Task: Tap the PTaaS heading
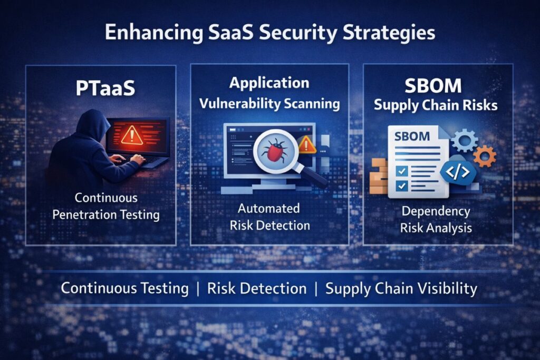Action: pyautogui.click(x=105, y=88)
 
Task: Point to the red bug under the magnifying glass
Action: pyautogui.click(x=274, y=150)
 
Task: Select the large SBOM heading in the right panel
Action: pyautogui.click(x=433, y=86)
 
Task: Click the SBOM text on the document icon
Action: pyautogui.click(x=412, y=137)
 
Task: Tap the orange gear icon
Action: pyautogui.click(x=485, y=156)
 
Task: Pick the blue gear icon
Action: pyautogui.click(x=465, y=140)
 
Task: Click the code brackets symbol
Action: pyautogui.click(x=458, y=172)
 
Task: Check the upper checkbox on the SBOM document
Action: pyautogui.click(x=401, y=170)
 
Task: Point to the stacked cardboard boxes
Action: pyautogui.click(x=379, y=176)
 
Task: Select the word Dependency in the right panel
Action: pyautogui.click(x=436, y=211)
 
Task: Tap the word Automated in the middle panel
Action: pyautogui.click(x=268, y=208)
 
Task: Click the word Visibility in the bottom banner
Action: pyautogui.click(x=451, y=289)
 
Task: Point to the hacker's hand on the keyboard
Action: pyautogui.click(x=137, y=159)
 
